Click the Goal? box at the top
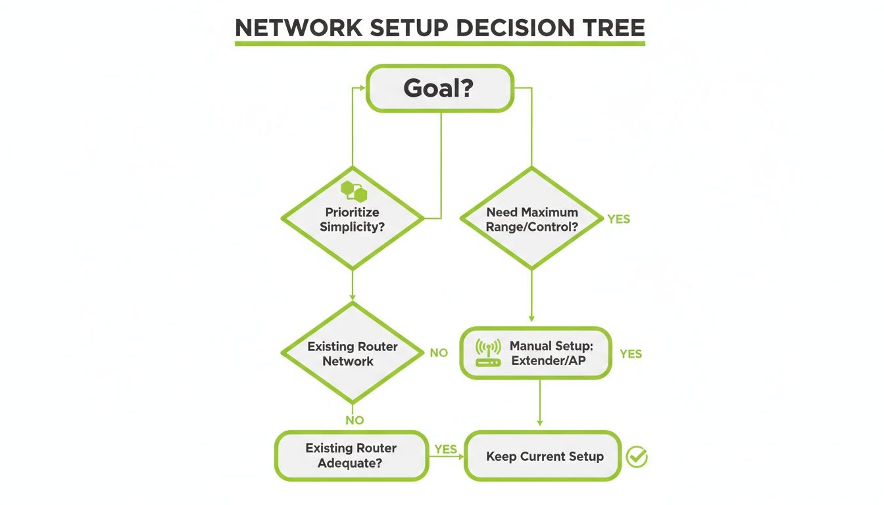point(440,88)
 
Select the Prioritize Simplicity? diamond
point(353,218)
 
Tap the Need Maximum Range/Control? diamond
point(531,218)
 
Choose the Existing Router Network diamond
point(353,352)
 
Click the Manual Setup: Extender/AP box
point(536,353)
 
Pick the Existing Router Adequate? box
point(352,456)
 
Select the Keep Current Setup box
point(543,456)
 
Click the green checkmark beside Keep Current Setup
point(637,457)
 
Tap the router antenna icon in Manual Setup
point(488,352)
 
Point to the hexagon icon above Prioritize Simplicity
point(354,191)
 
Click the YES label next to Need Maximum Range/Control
point(619,219)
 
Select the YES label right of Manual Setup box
point(631,354)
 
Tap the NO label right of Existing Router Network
point(439,352)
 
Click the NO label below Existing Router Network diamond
point(355,420)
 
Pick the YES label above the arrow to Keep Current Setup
point(445,449)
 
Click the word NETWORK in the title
point(299,28)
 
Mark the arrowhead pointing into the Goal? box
point(362,88)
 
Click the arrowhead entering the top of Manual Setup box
point(531,318)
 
